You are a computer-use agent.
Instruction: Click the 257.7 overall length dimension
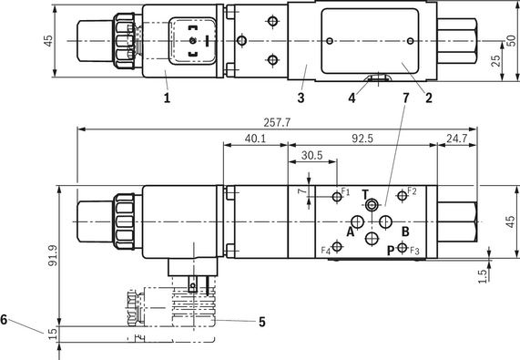pyautogui.click(x=277, y=123)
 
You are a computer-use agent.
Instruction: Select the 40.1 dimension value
pyautogui.click(x=255, y=139)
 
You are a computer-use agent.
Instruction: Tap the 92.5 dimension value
pyautogui.click(x=362, y=139)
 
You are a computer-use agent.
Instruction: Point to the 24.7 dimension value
pyautogui.click(x=456, y=139)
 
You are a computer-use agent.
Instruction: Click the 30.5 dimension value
pyautogui.click(x=311, y=155)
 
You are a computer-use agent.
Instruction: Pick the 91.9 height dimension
pyautogui.click(x=53, y=255)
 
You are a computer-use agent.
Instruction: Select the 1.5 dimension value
pyautogui.click(x=483, y=276)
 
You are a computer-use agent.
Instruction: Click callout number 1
pyautogui.click(x=167, y=98)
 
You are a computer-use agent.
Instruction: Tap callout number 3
pyautogui.click(x=301, y=98)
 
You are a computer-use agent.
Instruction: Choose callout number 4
pyautogui.click(x=352, y=98)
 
